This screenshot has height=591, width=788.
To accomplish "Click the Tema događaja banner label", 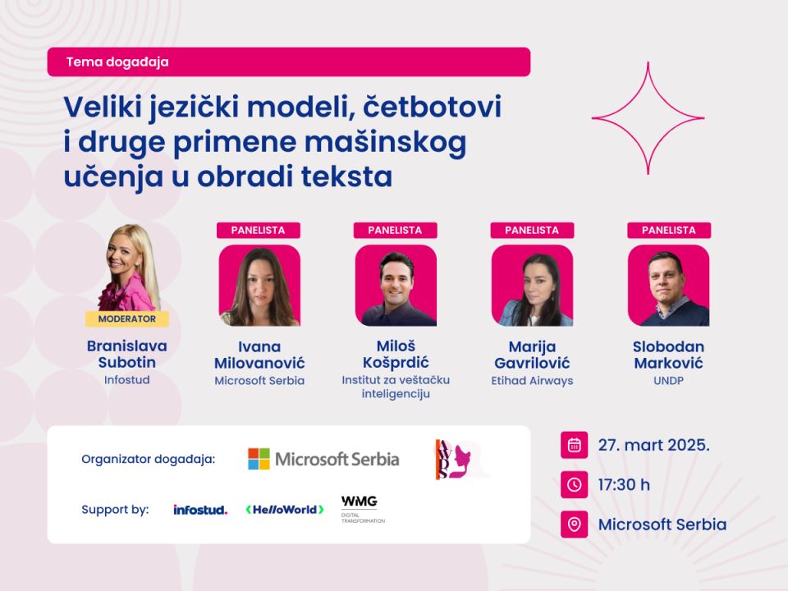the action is pos(117,62).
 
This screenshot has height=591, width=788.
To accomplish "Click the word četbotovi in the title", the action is pos(433,107).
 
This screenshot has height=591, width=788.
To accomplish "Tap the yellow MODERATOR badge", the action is pos(126,318).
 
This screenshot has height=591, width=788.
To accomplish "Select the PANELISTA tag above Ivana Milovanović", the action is pos(259,230).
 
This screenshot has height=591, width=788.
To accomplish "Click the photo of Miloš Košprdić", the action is pos(396,286).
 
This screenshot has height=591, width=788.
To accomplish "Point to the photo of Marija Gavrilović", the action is pos(532,286).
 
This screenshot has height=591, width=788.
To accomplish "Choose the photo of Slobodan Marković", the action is pos(669,286).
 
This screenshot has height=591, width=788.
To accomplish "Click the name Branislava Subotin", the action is pos(126,354).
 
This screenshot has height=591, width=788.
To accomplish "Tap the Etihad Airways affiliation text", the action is pos(532,381).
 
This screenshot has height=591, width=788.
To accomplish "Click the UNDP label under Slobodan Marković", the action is pos(668,381).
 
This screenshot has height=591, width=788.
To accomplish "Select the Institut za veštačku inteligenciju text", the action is pos(396,387).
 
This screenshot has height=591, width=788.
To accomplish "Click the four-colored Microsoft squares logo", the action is pos(259,459).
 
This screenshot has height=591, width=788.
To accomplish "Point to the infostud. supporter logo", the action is pos(200,510).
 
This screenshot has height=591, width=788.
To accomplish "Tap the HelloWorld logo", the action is pos(285,510).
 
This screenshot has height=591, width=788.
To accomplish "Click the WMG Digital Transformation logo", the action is pos(363,509).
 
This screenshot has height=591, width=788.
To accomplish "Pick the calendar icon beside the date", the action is pos(574,445).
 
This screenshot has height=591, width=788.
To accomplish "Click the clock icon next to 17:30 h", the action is pos(574,484).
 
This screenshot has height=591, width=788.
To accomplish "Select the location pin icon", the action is pos(574,525).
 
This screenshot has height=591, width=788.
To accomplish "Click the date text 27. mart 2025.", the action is pos(654,445).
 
